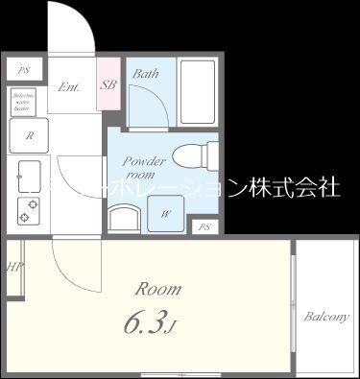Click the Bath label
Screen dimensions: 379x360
pos(146,74)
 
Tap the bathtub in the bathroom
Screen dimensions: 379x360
pos(198,92)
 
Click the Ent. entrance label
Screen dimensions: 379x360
pos(69,85)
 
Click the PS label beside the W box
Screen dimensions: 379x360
pos(204,227)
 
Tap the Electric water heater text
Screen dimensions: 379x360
pos(24,103)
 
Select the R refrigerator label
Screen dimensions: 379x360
pos(30,135)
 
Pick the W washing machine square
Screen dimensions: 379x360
pos(166,212)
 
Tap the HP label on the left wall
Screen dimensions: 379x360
pos(13,268)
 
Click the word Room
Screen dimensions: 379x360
pos(156,288)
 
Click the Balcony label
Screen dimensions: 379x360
pos(326,317)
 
